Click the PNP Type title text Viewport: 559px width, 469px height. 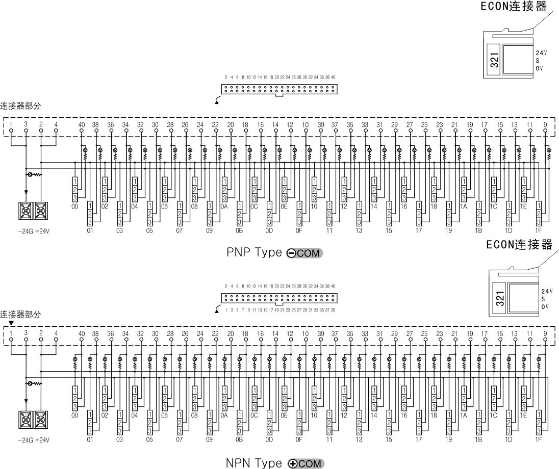[x=254, y=253]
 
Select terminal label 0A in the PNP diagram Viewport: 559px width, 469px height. [x=224, y=206]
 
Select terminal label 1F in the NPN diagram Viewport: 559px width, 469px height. [x=539, y=438]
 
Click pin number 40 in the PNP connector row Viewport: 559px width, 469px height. [x=82, y=124]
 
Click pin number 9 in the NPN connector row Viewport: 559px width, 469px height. [x=546, y=333]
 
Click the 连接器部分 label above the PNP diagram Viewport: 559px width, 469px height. [x=20, y=106]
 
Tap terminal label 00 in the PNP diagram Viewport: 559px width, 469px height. [x=74, y=206]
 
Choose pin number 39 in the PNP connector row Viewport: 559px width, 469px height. [x=321, y=124]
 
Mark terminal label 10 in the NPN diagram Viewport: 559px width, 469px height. [x=314, y=415]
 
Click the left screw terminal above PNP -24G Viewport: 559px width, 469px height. [x=26, y=211]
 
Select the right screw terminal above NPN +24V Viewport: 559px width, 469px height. [x=41, y=419]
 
